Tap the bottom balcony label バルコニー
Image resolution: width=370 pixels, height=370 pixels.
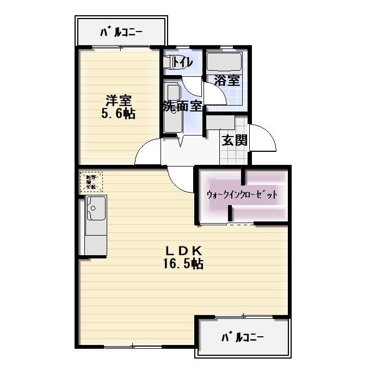[x=242, y=337]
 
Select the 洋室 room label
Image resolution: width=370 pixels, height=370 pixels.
[x=119, y=101]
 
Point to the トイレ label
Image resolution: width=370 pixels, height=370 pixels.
[x=182, y=63]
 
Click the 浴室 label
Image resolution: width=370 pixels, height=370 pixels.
[x=226, y=81]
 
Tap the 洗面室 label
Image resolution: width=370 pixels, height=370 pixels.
[x=182, y=106]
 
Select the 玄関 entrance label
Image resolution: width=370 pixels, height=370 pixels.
[x=235, y=140]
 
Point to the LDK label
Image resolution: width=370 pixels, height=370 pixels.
[x=183, y=251]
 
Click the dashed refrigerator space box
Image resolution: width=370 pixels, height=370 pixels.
[x=91, y=182]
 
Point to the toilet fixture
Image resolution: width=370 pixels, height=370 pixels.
[x=168, y=62]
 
